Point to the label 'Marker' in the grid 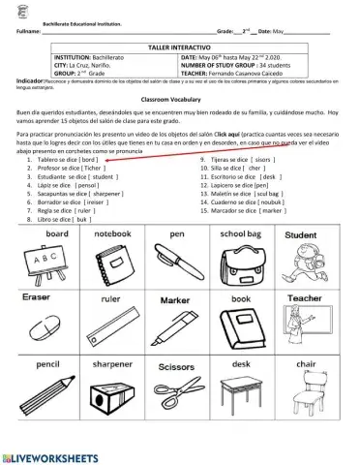pyautogui.click(x=176, y=300)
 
